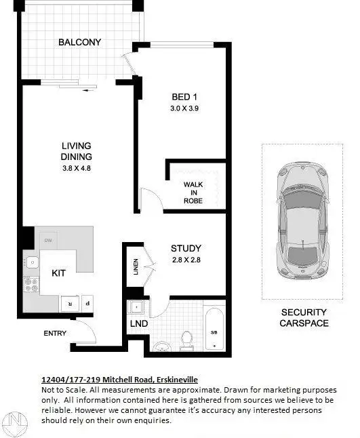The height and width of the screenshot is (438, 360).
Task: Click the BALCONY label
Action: point(79,42)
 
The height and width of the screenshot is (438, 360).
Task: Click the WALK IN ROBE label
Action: point(193,192)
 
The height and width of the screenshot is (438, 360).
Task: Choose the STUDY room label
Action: point(186,248)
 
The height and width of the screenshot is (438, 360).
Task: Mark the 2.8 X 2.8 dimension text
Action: point(186,260)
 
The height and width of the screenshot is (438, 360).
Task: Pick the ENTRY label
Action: point(55,333)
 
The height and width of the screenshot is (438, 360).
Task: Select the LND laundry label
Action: point(139,323)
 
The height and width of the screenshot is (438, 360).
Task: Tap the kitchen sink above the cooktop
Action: point(31,261)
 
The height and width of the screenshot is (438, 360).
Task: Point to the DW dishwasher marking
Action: point(48,241)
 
